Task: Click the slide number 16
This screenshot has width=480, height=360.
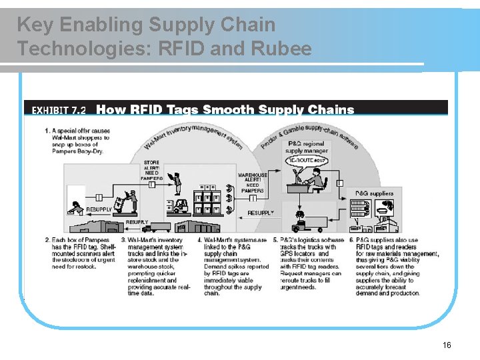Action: tap(447, 345)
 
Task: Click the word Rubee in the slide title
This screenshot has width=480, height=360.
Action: tap(281, 49)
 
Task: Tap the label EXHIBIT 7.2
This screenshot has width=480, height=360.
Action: tap(59, 110)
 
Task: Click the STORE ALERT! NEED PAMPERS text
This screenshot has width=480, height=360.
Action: tap(151, 171)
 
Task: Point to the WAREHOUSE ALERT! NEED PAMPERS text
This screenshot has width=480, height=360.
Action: tap(252, 183)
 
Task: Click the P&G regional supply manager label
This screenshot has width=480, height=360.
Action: tap(307, 147)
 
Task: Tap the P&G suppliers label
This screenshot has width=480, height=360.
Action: tap(374, 193)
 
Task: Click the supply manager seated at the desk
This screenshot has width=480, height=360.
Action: tap(314, 178)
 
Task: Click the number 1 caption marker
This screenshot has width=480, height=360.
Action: tap(47, 131)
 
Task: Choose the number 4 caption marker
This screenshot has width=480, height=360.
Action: tap(200, 240)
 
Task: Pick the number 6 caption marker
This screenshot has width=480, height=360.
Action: tap(351, 240)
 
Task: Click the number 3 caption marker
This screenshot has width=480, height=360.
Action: tap(124, 240)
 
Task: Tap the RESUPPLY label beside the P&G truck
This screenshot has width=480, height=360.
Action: tap(261, 213)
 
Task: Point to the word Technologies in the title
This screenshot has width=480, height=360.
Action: tap(71, 49)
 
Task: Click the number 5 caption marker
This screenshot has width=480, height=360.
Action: tap(276, 240)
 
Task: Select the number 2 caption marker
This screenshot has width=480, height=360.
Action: tap(47, 240)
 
